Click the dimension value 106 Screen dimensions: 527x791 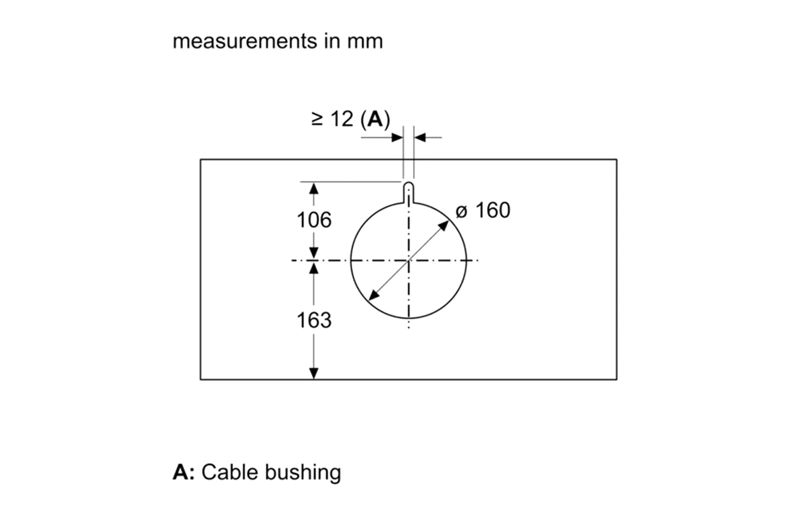coord(314,220)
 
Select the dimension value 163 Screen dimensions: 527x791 coord(314,320)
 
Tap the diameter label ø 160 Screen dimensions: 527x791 coord(483,211)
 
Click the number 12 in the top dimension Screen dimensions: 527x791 coord(341,120)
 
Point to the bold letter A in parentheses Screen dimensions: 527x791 coord(375,120)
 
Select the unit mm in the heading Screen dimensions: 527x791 coord(365,41)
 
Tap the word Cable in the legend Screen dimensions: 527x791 coord(230,472)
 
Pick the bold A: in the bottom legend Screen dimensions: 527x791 coord(184,472)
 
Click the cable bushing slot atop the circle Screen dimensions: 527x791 coord(409,192)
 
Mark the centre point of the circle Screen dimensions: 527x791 coord(409,260)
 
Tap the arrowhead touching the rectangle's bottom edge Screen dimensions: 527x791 coord(314,373)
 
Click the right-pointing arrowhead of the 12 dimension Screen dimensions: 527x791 coord(398,138)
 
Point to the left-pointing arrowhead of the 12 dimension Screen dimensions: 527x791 coord(420,138)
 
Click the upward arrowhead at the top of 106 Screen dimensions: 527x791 coord(314,188)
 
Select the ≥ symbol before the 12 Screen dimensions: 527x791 coord(317,120)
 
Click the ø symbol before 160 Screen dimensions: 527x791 coord(461,212)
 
